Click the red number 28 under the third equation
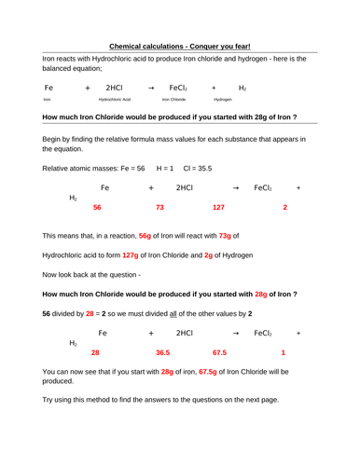tap(95, 353)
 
